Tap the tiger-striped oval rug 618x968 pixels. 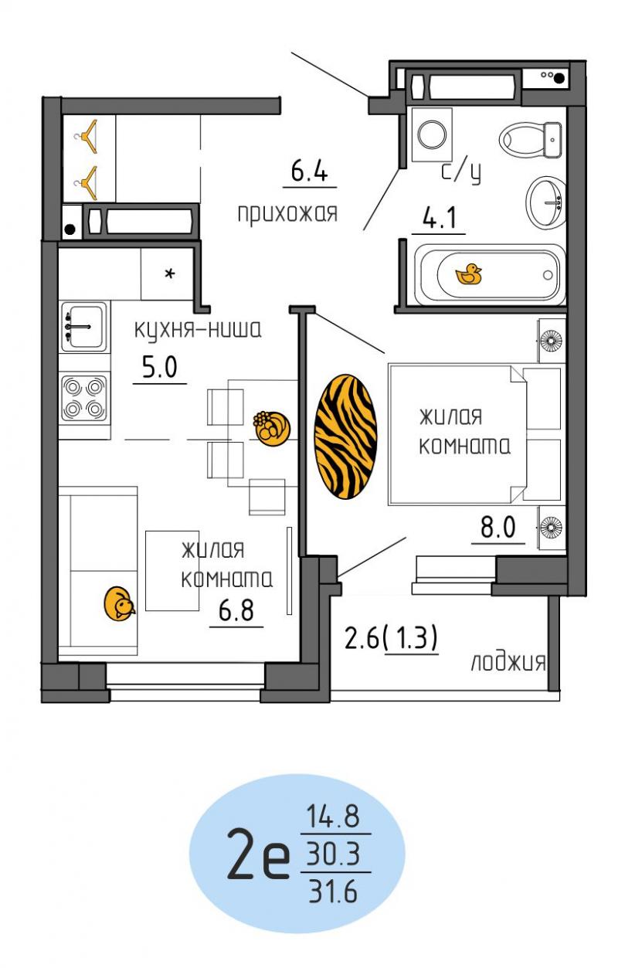tap(345, 436)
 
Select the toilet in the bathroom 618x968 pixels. tap(531, 140)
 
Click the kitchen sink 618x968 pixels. tap(84, 327)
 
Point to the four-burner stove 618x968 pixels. tap(84, 398)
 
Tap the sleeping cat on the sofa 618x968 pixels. tap(119, 603)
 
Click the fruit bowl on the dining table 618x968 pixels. tap(271, 428)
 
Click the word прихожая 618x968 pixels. tap(287, 213)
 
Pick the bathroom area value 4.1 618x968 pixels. tap(439, 217)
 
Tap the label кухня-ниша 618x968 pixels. tap(198, 330)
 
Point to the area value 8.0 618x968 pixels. tap(497, 527)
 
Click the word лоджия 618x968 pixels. tap(508, 662)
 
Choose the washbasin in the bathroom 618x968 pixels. tap(546, 202)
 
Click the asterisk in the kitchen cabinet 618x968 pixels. tap(170, 273)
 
